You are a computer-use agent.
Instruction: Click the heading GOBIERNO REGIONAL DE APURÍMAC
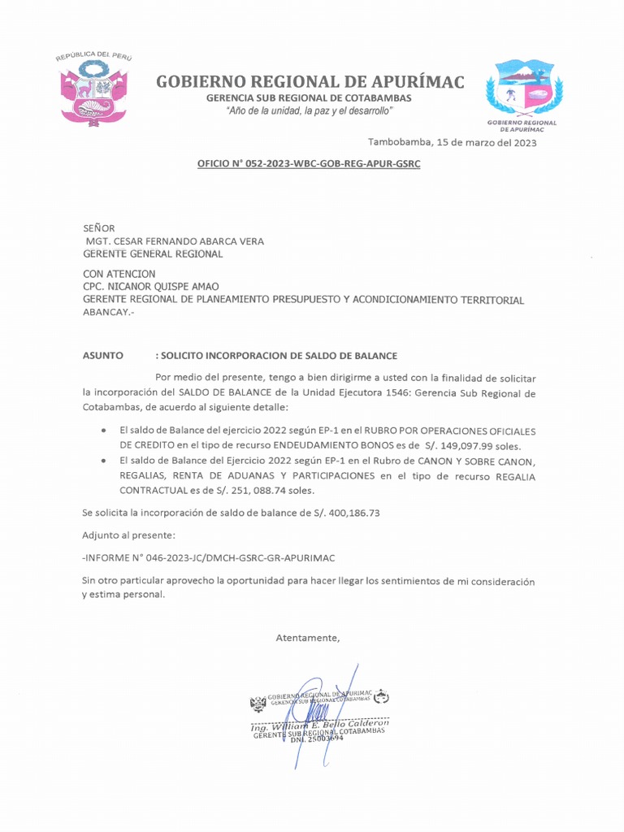(x=310, y=81)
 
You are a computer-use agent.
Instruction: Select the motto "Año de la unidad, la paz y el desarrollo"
(x=309, y=110)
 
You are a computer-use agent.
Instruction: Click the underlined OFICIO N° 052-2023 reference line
(x=309, y=164)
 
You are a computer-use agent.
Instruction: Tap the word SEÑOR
(x=99, y=228)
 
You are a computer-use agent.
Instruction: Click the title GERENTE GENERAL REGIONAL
(x=153, y=253)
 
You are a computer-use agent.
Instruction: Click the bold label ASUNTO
(x=103, y=356)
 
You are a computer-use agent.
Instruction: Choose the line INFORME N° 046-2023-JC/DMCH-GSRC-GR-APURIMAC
(x=209, y=558)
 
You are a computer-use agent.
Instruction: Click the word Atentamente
(x=308, y=638)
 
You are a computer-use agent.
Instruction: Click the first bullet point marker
(x=103, y=431)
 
